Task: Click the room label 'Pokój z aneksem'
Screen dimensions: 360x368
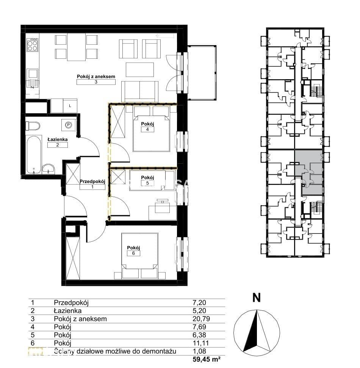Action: (x=96, y=77)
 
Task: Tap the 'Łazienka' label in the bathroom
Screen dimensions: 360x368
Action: (x=58, y=139)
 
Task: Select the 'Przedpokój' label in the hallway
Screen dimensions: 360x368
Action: (x=92, y=182)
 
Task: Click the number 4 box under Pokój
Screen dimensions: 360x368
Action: (x=147, y=129)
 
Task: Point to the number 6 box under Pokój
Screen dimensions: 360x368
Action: (x=133, y=253)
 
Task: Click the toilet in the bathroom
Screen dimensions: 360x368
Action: (x=33, y=126)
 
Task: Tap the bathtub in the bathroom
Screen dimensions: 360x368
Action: (x=34, y=155)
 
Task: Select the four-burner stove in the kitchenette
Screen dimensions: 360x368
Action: (x=32, y=45)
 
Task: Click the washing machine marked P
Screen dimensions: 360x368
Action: (x=69, y=125)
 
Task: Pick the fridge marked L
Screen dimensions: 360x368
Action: (x=70, y=106)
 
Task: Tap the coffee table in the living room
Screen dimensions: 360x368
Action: (x=140, y=70)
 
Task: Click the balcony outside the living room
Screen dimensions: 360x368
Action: (x=202, y=73)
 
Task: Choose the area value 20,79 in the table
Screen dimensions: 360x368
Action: (x=201, y=319)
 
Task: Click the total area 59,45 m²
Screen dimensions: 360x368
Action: (x=206, y=359)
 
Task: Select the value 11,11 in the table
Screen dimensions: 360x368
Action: (x=200, y=343)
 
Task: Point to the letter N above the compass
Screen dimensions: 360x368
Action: (x=257, y=298)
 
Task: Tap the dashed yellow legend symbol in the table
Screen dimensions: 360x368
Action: (x=36, y=351)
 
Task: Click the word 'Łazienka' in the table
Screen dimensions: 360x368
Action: (x=67, y=311)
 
